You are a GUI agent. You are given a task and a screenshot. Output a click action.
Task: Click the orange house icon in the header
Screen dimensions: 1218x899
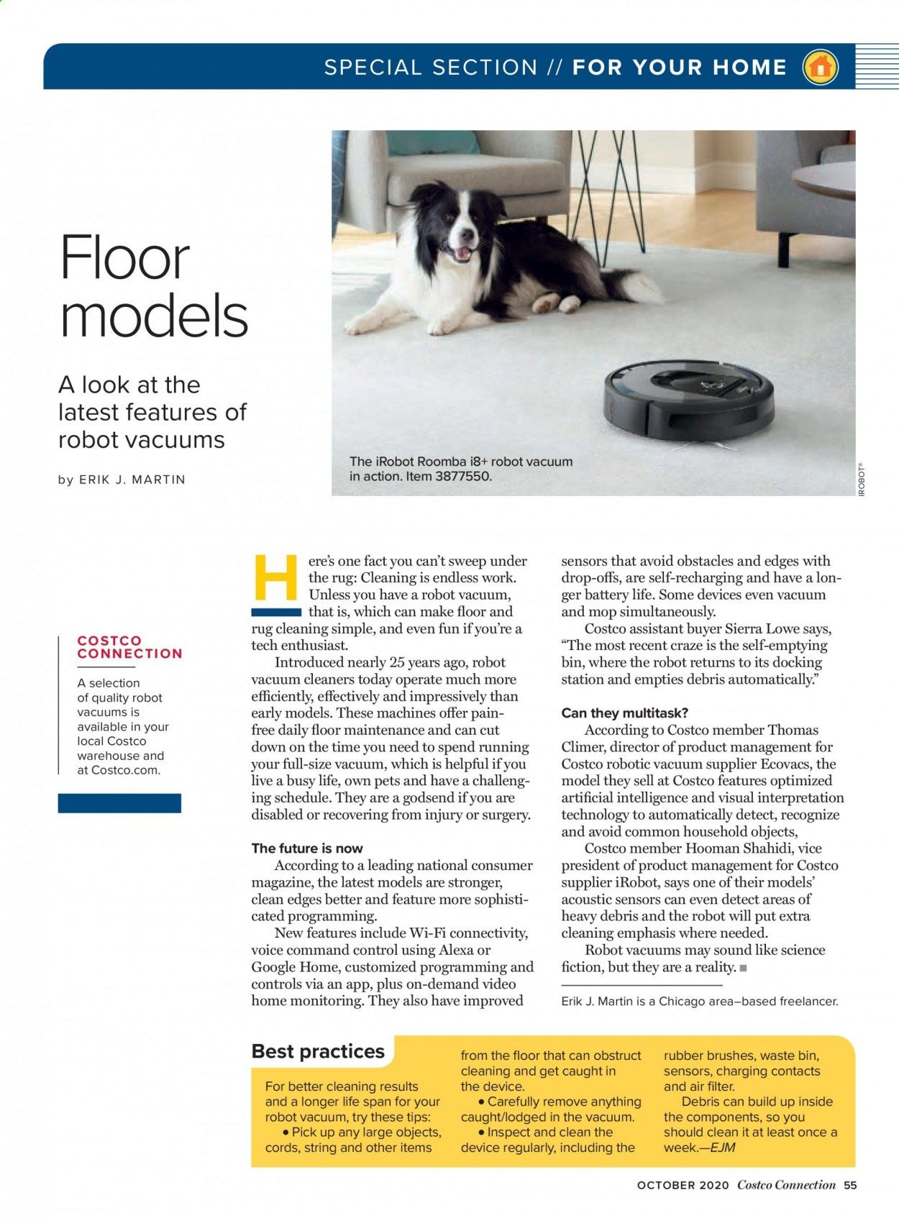tap(819, 68)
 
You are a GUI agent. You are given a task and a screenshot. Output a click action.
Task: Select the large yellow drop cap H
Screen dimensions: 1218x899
tap(275, 578)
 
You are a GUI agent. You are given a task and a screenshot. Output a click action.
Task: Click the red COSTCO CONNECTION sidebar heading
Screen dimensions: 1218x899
tap(129, 647)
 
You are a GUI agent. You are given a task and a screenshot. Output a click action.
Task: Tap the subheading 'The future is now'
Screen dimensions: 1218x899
tap(307, 848)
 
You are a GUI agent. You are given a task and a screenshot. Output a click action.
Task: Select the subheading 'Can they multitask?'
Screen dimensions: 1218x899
tap(624, 713)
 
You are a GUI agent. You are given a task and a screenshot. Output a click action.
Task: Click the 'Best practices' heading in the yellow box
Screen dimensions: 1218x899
tap(318, 1051)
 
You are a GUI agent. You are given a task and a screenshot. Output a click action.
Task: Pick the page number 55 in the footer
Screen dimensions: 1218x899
tap(850, 1186)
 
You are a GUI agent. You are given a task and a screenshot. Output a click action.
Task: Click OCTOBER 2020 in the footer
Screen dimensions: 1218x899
tap(683, 1186)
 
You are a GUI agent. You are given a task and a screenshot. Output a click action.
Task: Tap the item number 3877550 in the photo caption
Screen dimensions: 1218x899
tap(460, 476)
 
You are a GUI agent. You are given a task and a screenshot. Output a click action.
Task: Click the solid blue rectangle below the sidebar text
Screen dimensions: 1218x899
tap(119, 803)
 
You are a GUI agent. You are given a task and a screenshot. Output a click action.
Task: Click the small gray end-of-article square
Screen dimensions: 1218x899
tap(743, 968)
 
